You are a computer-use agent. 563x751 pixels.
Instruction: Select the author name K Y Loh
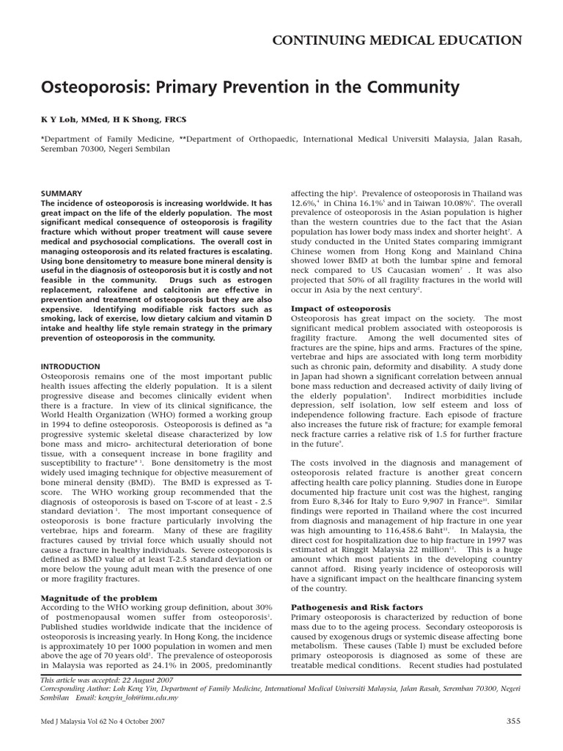point(59,118)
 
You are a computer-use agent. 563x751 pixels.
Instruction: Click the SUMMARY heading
point(61,193)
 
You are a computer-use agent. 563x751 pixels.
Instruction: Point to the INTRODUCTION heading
point(70,367)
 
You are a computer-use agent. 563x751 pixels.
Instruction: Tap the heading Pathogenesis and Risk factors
point(357,607)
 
